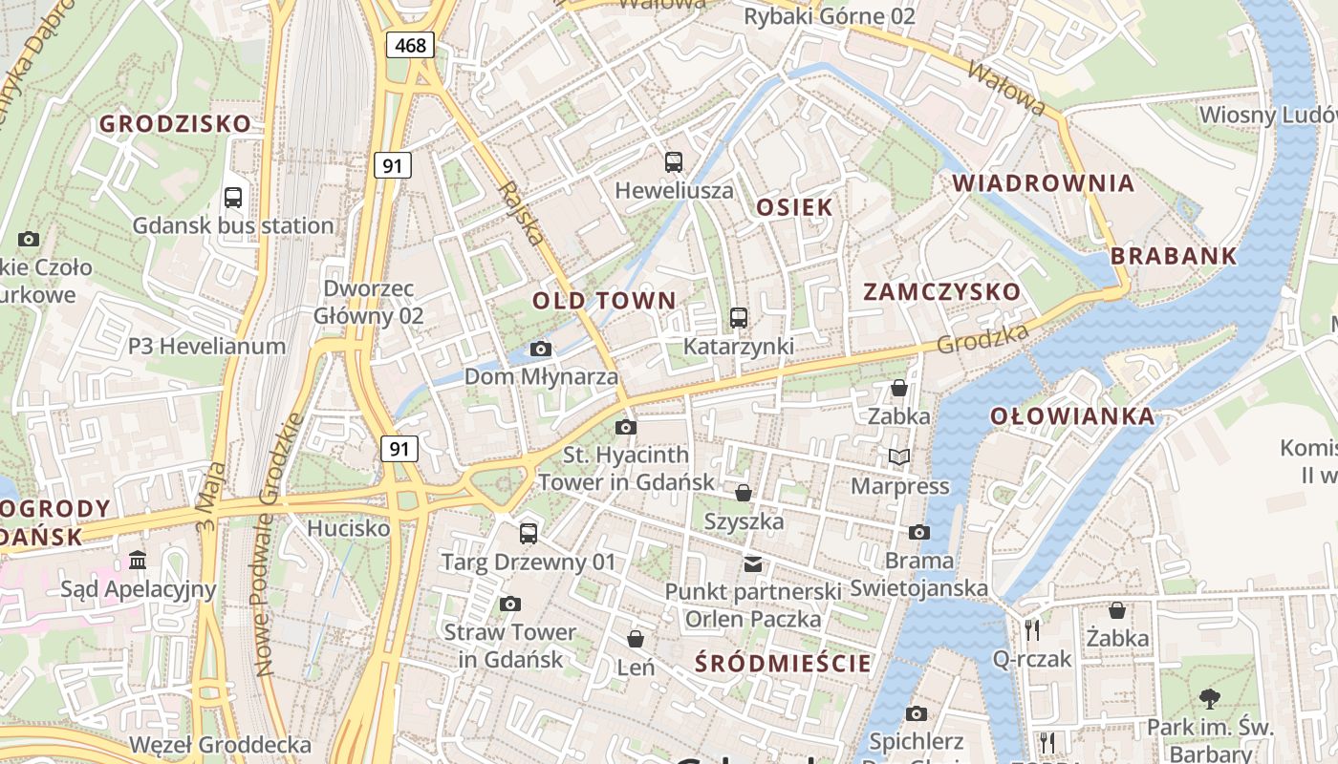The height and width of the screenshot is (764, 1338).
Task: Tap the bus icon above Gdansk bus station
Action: [x=232, y=198]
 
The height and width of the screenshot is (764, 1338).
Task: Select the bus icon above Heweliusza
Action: [x=674, y=162]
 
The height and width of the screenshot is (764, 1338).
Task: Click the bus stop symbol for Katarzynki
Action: [x=738, y=318]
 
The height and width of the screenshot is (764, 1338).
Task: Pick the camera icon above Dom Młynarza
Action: [x=540, y=350]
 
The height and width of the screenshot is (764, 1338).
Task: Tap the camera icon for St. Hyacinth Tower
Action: [x=626, y=427]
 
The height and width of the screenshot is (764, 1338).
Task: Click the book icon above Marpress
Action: [x=898, y=457]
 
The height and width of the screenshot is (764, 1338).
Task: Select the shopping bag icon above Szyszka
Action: [x=743, y=493]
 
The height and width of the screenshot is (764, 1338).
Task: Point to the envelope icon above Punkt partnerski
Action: [x=754, y=563]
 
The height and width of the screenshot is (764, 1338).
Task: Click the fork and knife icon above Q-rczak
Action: [x=1031, y=630]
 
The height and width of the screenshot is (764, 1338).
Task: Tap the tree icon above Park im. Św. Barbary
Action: [x=1209, y=699]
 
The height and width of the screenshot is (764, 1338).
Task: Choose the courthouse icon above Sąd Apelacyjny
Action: [x=138, y=560]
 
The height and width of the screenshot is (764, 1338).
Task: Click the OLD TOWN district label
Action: [x=604, y=301]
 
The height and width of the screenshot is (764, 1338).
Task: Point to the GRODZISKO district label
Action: [x=175, y=123]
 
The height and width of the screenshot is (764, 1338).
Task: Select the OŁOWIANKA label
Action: [x=1071, y=416]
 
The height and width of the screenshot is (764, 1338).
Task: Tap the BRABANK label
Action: [x=1174, y=256]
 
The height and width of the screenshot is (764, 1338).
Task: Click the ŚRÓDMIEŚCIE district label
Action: [x=784, y=663]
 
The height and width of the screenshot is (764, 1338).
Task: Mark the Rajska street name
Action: [x=522, y=213]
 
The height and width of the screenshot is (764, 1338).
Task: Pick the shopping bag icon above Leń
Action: [x=636, y=638]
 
